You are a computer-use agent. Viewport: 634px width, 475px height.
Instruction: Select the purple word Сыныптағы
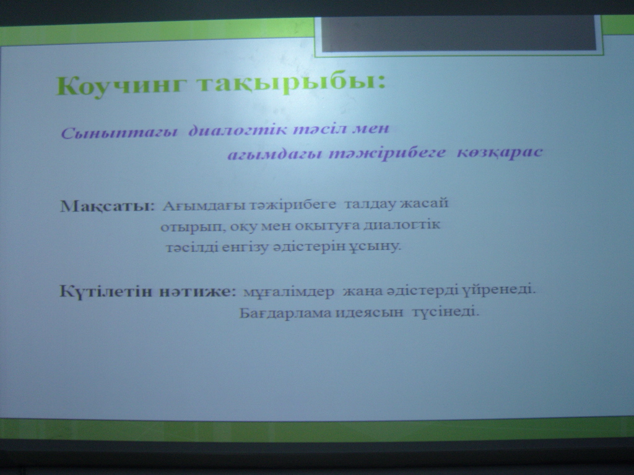(x=119, y=132)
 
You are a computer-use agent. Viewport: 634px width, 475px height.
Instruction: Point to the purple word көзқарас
(x=500, y=153)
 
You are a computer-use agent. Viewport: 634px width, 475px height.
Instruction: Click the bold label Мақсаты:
(x=108, y=206)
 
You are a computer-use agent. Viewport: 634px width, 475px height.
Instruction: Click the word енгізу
(x=244, y=247)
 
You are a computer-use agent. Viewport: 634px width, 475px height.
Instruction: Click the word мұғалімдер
(x=289, y=292)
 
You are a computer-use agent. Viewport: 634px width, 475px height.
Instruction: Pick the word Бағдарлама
(x=285, y=313)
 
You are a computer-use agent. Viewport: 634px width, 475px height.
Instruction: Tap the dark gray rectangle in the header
(x=459, y=34)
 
